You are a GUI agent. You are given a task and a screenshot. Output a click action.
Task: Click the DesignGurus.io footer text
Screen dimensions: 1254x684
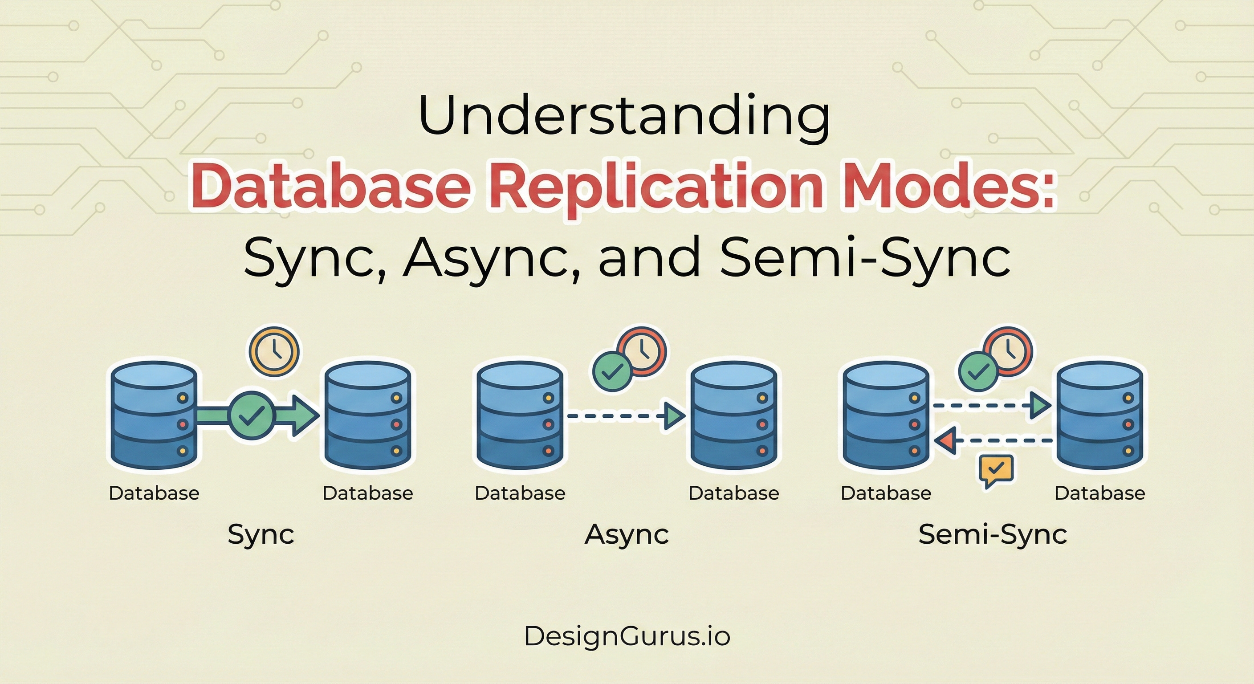click(x=627, y=636)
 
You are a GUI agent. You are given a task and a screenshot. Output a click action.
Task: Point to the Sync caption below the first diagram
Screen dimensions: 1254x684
click(x=261, y=534)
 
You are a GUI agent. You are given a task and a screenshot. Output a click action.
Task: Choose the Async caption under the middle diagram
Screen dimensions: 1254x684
click(x=627, y=534)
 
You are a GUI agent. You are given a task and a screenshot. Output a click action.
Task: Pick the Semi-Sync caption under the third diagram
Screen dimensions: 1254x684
click(x=993, y=534)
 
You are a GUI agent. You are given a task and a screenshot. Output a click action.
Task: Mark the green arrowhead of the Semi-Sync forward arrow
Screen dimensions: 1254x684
click(x=1040, y=405)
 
